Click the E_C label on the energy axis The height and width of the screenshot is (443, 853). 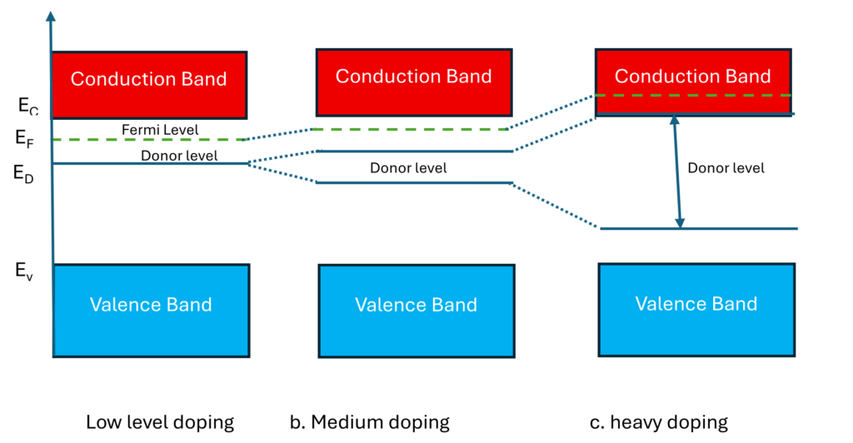27,104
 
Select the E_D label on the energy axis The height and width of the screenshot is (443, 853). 24,172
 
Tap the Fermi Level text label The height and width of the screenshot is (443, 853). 160,130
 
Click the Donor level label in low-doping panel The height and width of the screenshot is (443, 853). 179,156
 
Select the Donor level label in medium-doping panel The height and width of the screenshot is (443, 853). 408,167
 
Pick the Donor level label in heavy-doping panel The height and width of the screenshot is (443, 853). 726,167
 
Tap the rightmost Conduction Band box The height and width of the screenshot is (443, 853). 692,76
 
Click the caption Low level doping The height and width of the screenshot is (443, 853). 160,422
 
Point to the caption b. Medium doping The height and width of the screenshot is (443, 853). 369,422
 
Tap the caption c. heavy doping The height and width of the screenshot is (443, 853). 658,422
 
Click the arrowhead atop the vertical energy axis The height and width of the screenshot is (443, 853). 52,14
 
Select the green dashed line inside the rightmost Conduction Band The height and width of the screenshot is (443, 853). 692,96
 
